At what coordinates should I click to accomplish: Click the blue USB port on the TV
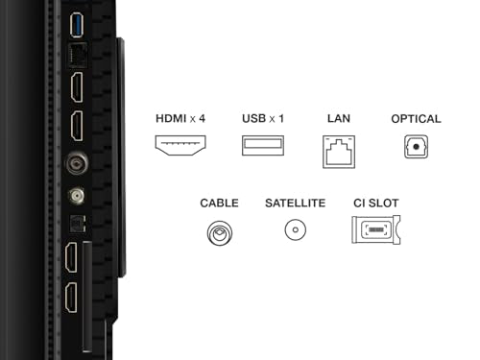pos(77,25)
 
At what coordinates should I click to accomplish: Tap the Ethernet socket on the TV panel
pos(78,55)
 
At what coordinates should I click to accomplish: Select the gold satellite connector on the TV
pos(77,195)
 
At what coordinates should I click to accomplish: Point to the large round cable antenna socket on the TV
pos(77,163)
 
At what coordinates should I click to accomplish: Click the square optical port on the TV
pos(78,223)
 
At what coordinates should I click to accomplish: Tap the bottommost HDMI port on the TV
pos(71,298)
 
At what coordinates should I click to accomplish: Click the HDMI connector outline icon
pos(180,145)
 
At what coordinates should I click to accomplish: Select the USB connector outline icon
pos(263,146)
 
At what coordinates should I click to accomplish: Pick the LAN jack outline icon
pos(339,152)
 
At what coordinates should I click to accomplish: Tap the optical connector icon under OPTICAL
pos(416,147)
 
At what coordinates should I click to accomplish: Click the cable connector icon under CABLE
pos(220,232)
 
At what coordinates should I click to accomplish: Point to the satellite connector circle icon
pos(296,229)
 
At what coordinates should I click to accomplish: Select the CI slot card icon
pos(376,229)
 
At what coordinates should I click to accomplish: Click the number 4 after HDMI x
pos(202,119)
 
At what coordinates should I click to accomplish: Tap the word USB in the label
pos(254,119)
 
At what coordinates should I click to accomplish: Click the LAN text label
pos(339,119)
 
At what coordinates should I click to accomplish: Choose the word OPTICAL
pos(416,119)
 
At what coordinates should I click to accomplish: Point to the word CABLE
pos(219,204)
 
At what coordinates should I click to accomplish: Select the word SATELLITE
pos(296,204)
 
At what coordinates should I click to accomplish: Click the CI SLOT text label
pos(376,204)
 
